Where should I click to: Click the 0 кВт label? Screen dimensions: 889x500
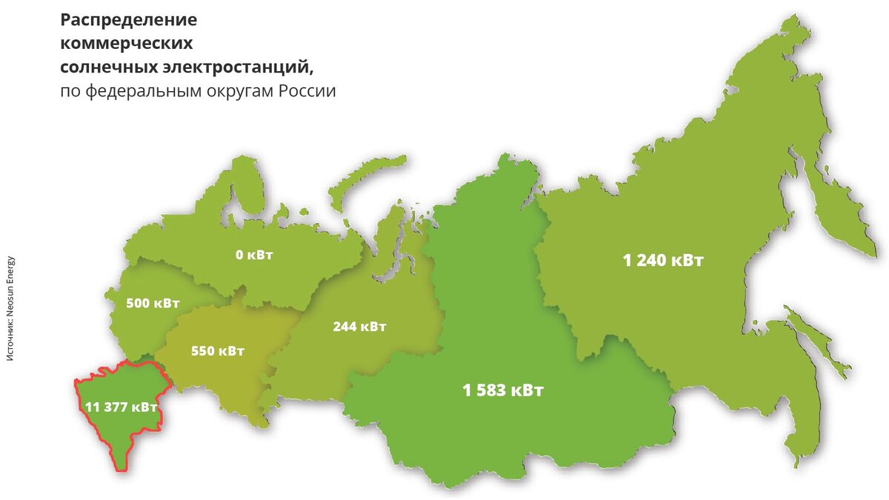coord(254,256)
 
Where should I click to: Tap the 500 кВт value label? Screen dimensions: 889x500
coord(153,303)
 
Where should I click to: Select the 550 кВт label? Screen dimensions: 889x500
coord(217,350)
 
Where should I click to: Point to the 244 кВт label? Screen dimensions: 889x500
coord(359,326)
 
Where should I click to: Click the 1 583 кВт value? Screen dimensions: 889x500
coord(503,390)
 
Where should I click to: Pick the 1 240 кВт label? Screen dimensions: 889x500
coord(663,260)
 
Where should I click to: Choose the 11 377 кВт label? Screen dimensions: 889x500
coord(121,407)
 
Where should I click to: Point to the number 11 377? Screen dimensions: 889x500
coord(108,407)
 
